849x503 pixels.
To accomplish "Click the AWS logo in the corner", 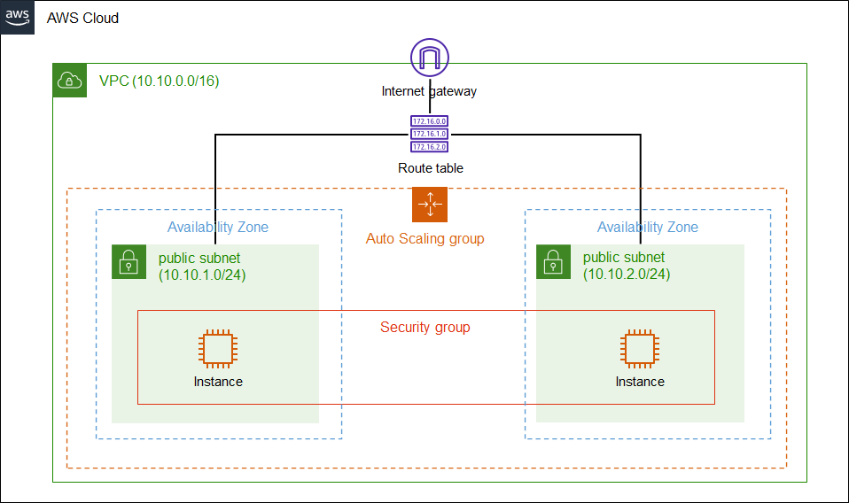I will [17, 17].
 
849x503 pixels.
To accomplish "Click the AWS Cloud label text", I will [82, 18].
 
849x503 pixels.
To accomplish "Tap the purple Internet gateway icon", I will [430, 58].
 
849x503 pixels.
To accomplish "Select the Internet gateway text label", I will [430, 91].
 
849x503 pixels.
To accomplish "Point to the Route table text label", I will [430, 168].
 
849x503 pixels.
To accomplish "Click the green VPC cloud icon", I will [70, 81].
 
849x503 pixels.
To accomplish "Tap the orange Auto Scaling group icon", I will [430, 205].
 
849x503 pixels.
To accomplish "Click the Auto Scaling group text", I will [425, 239].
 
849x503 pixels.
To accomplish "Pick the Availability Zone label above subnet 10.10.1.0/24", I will [218, 228].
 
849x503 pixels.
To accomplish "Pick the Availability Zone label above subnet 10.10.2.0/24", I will [648, 228].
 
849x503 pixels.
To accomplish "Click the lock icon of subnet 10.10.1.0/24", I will [129, 262].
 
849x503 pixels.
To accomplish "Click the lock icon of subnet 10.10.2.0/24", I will [553, 262].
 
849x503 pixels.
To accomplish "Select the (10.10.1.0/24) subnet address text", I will [202, 275].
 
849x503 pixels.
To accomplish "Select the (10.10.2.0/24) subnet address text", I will [627, 275].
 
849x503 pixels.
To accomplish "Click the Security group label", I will [425, 328].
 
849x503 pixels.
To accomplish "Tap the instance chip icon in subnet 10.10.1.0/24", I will [218, 349].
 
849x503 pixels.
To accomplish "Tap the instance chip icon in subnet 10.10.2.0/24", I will [640, 349].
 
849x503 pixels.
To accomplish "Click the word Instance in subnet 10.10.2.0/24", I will [640, 382].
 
